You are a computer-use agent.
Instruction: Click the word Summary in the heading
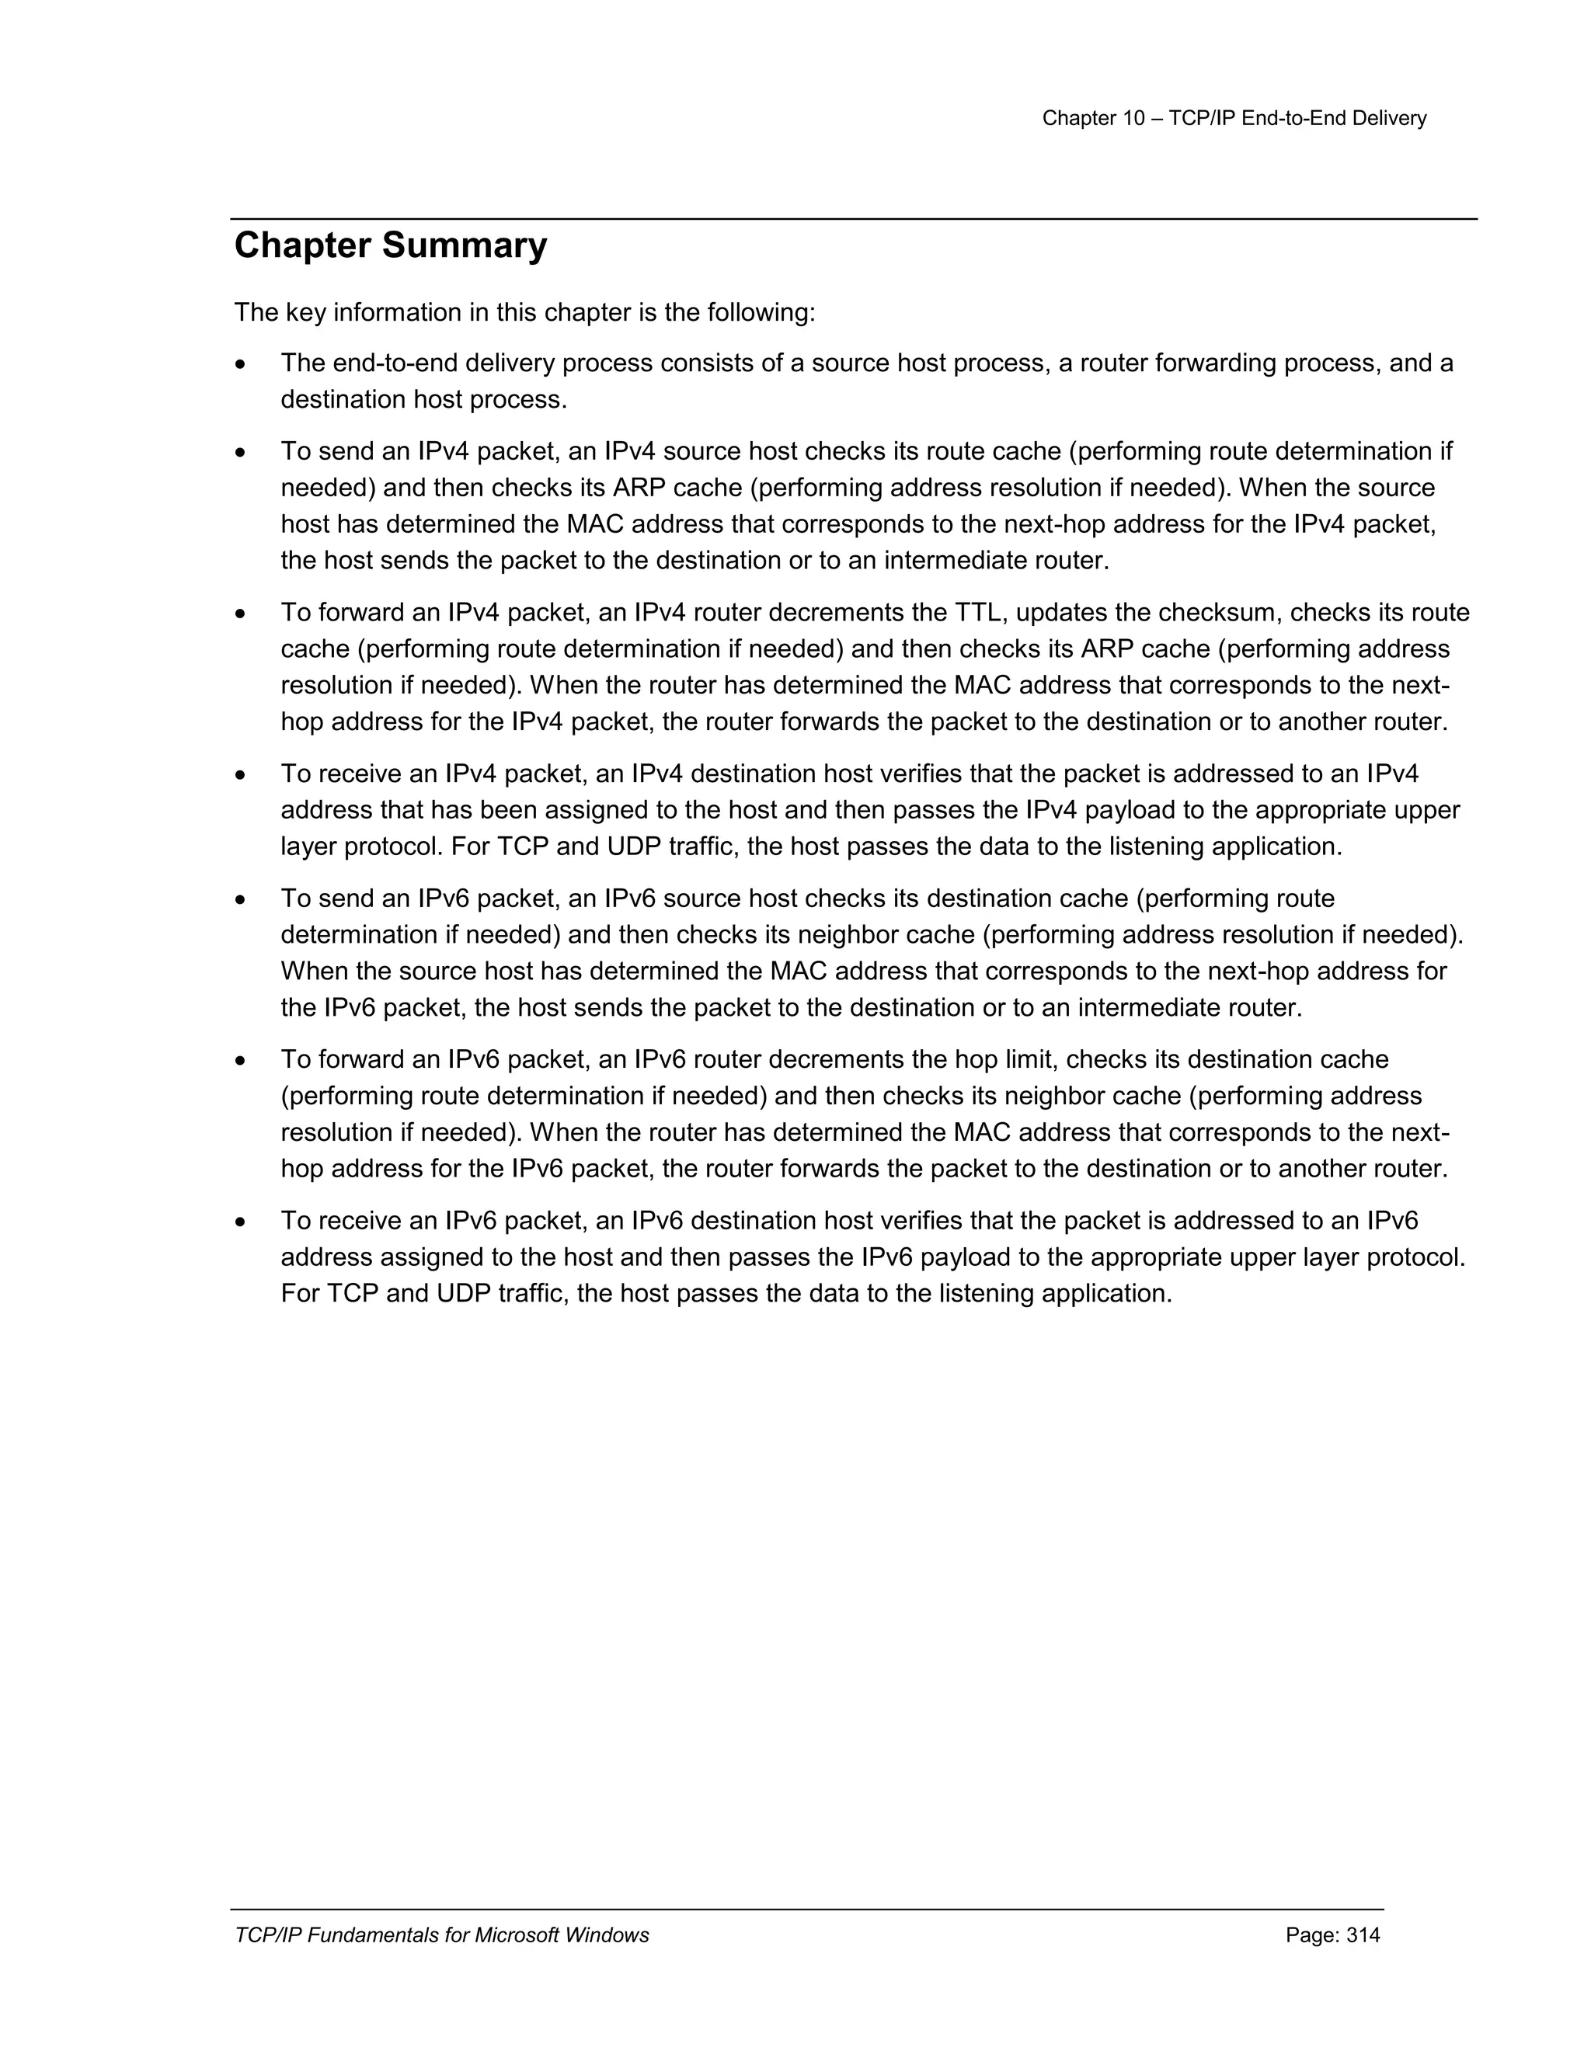[x=464, y=246]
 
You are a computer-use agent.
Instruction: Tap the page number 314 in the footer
[x=1363, y=1935]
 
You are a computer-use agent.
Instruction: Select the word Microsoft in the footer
[x=514, y=1935]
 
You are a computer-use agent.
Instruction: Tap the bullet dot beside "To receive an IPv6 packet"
[x=242, y=1223]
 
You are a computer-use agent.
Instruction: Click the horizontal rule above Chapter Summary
[x=853, y=220]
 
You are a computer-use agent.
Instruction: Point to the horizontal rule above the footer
[x=807, y=1910]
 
